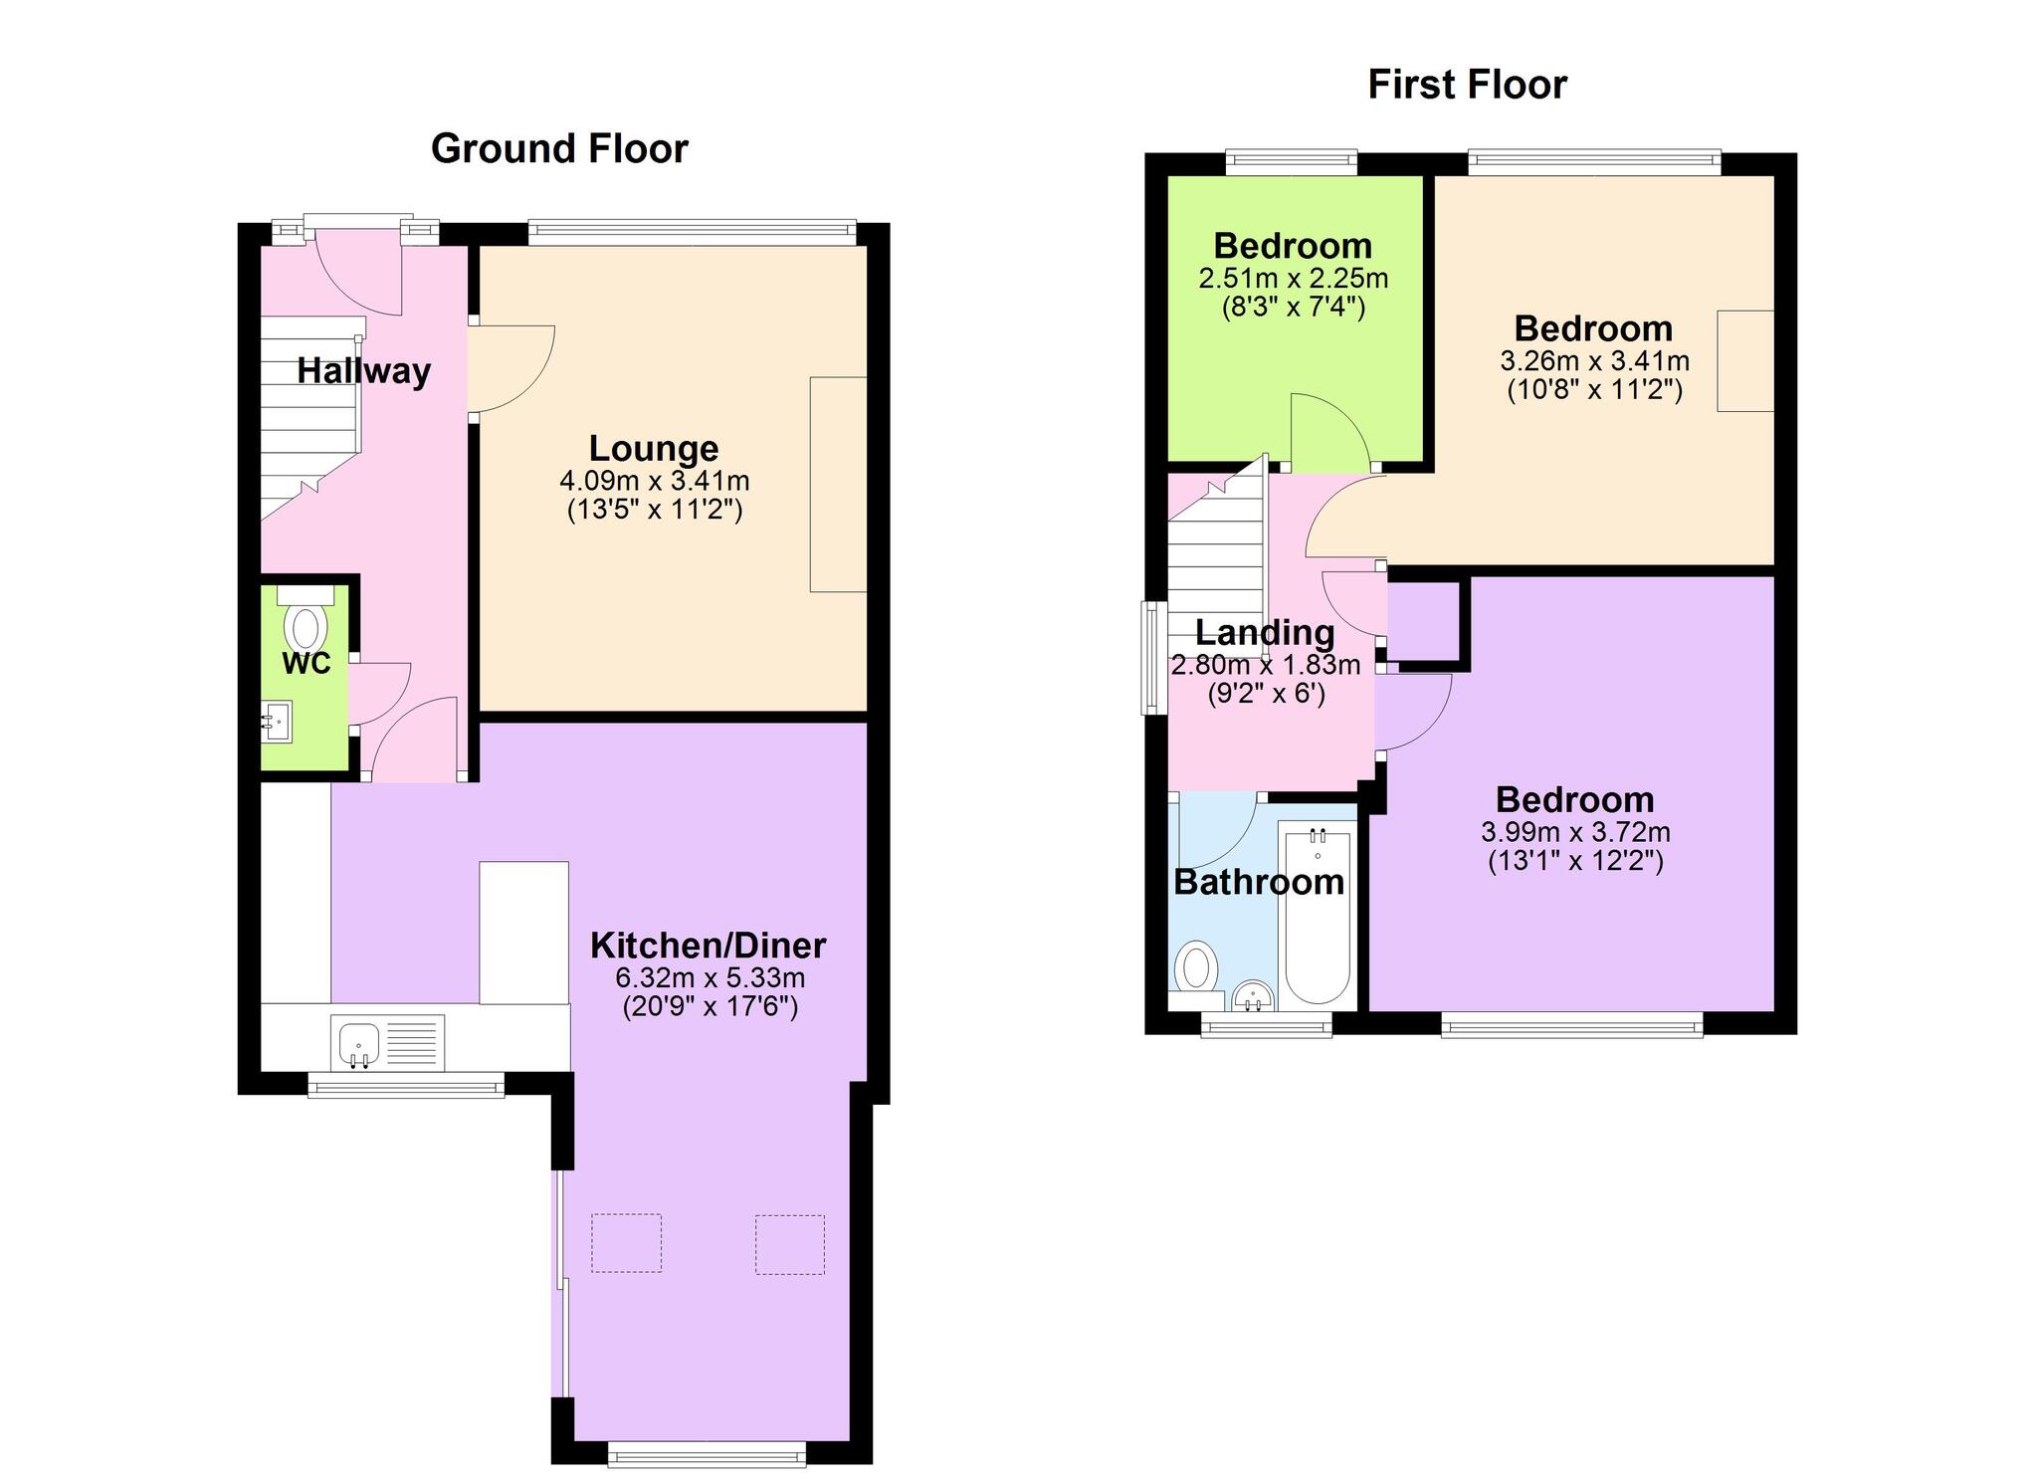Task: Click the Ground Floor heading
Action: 559,148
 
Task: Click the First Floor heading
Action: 1467,85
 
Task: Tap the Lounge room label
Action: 654,449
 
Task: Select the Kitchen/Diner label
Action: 708,945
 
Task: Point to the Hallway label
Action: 364,371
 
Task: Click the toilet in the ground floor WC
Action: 306,620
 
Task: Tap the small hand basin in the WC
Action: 277,722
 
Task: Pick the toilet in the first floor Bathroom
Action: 1197,975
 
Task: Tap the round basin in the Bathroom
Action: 1253,995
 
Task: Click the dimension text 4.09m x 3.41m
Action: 654,482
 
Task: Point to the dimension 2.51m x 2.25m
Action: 1294,278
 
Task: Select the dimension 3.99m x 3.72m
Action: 1575,832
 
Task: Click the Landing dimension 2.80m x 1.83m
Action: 1265,665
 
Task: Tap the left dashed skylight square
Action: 626,1243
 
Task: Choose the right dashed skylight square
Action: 789,1244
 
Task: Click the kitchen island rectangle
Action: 524,933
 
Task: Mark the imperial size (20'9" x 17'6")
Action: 711,1007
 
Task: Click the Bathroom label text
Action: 1259,882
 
